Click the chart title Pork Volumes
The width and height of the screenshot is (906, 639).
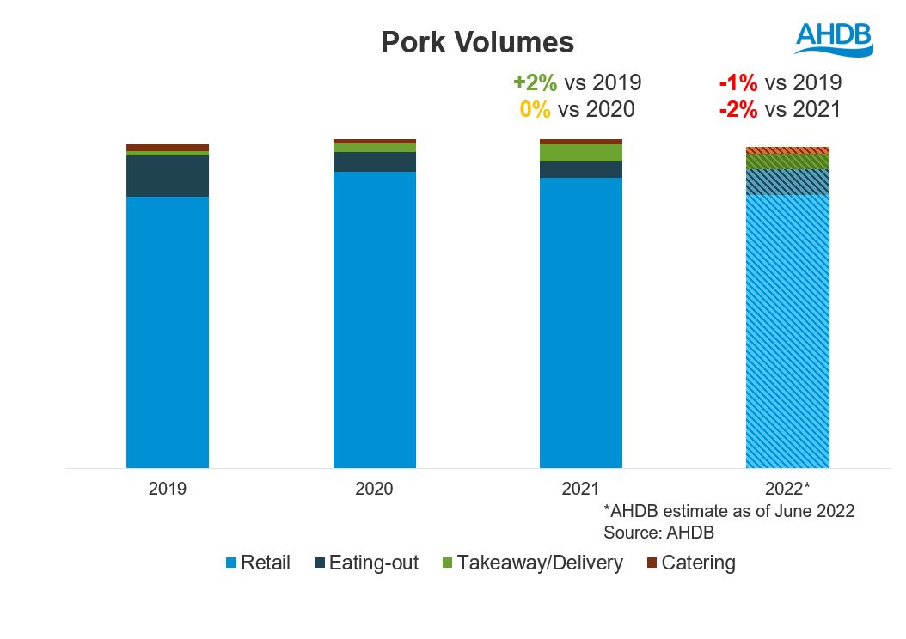pos(477,42)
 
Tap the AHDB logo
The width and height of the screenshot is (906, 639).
pos(833,39)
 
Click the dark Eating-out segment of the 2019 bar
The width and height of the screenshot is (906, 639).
pos(168,176)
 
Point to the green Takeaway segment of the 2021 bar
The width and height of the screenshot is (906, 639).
pos(581,153)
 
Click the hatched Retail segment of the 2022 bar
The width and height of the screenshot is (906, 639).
pos(787,331)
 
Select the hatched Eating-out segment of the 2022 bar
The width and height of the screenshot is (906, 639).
pos(787,181)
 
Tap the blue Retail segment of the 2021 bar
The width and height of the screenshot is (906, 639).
pos(581,323)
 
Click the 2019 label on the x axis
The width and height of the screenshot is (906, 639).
pos(168,489)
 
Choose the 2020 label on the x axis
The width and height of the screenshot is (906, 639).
pos(375,489)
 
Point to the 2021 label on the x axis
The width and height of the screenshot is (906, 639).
pos(581,489)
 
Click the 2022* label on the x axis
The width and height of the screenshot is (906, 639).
pos(787,489)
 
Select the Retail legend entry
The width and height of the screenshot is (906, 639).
pos(258,563)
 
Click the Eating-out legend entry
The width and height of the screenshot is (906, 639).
pos(365,563)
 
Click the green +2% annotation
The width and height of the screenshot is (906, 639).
pos(536,82)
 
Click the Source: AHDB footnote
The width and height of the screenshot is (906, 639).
pos(659,532)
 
